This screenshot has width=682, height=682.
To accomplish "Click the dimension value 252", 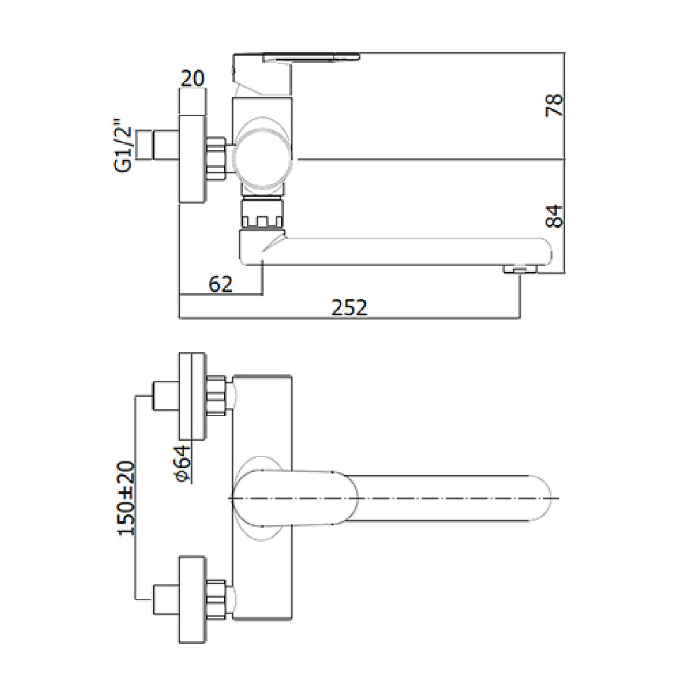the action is (x=349, y=307).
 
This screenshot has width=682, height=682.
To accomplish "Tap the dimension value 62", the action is (x=221, y=284).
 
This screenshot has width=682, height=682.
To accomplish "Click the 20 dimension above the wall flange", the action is (x=193, y=78).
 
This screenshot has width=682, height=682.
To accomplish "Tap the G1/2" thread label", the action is (x=123, y=149).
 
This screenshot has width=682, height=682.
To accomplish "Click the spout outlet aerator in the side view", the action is (x=520, y=270).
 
